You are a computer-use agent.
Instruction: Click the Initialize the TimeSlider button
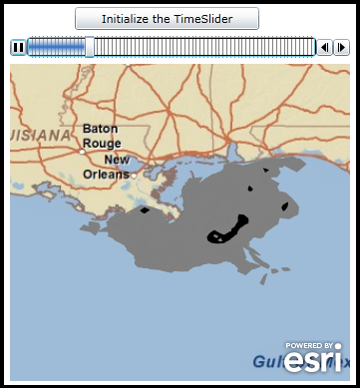coord(167,19)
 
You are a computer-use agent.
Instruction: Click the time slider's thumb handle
coord(90,46)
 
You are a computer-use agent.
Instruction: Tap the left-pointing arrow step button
coord(324,47)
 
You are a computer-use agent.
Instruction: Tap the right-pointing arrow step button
coord(341,47)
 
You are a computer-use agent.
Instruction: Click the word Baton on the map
coord(100,129)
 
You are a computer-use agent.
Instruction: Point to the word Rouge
coord(102,144)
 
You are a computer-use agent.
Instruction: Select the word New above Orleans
coord(117,160)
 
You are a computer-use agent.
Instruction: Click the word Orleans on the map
coord(106,175)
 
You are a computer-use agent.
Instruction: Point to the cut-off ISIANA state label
coord(40,134)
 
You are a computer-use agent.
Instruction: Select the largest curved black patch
coord(228,230)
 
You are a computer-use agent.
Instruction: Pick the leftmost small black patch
coord(146,210)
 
